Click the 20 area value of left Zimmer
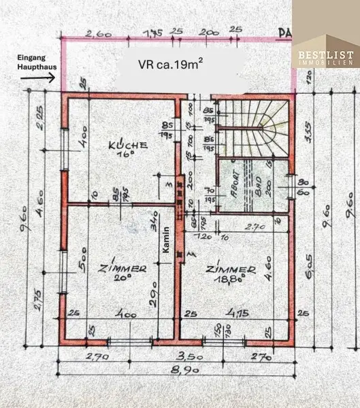[x=122, y=279]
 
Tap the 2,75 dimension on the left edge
[x=38, y=300]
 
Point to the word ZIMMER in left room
[x=121, y=268]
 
